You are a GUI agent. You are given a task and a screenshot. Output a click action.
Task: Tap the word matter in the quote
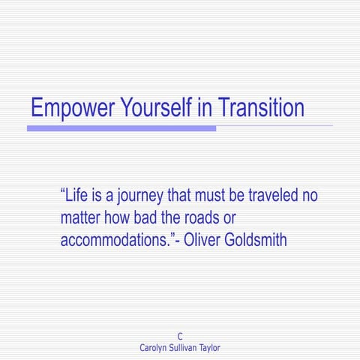point(81,219)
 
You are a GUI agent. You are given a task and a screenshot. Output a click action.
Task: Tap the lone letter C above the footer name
point(180,337)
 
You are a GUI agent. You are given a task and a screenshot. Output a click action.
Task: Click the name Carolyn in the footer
point(156,348)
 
